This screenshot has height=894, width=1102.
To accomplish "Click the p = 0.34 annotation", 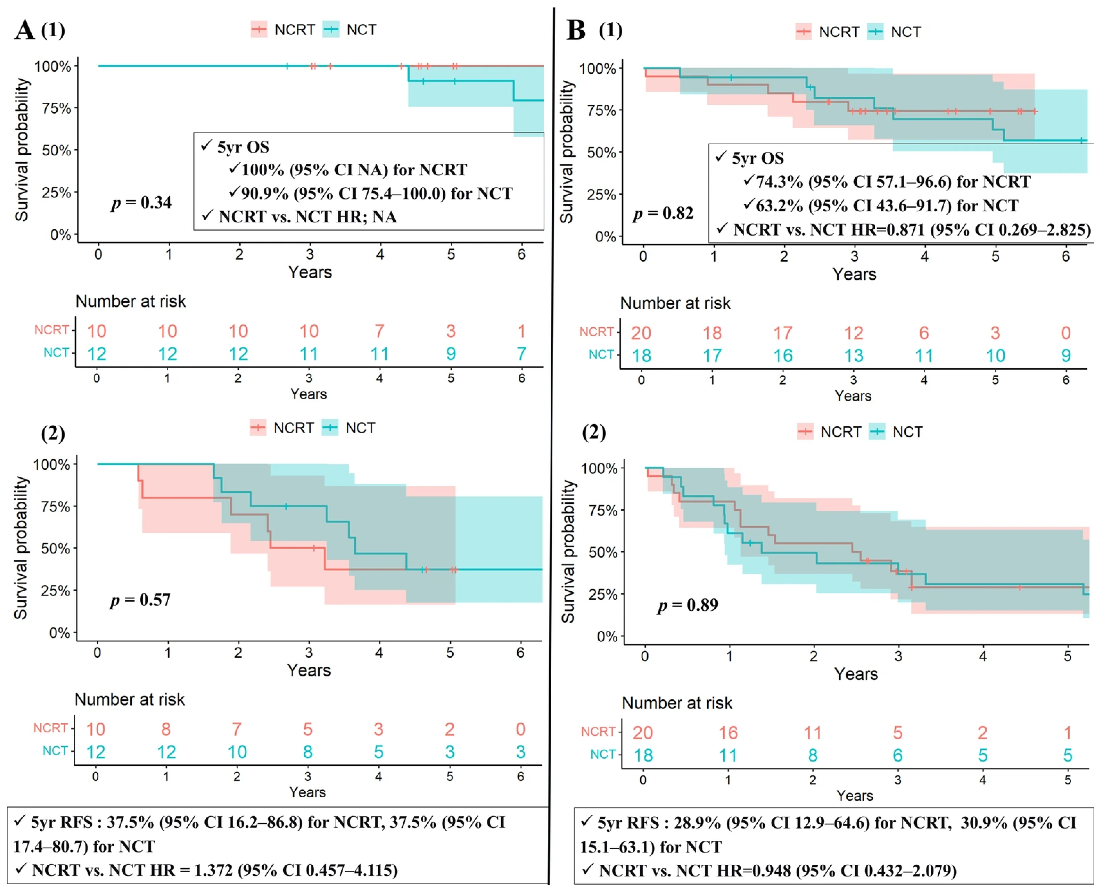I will [142, 202].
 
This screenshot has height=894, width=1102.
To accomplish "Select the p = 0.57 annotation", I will [140, 600].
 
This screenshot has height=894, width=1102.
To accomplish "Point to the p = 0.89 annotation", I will [688, 605].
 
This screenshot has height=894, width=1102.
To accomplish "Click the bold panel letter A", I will [24, 30].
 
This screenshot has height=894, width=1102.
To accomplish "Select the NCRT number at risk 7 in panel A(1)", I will [379, 331].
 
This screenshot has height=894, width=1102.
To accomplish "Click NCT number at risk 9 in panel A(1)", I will [450, 354].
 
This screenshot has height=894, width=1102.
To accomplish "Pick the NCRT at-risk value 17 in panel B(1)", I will [782, 333].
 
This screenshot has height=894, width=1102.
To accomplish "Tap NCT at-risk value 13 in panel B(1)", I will [853, 356].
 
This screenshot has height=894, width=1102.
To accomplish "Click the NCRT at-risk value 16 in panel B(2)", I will [728, 733].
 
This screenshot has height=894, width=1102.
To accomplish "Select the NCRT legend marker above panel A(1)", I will [259, 29].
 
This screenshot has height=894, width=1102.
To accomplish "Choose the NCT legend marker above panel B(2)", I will [877, 432].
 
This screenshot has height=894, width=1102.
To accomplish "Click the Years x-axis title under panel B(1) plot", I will [854, 274].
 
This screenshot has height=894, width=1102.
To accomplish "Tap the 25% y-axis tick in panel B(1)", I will [601, 195].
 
